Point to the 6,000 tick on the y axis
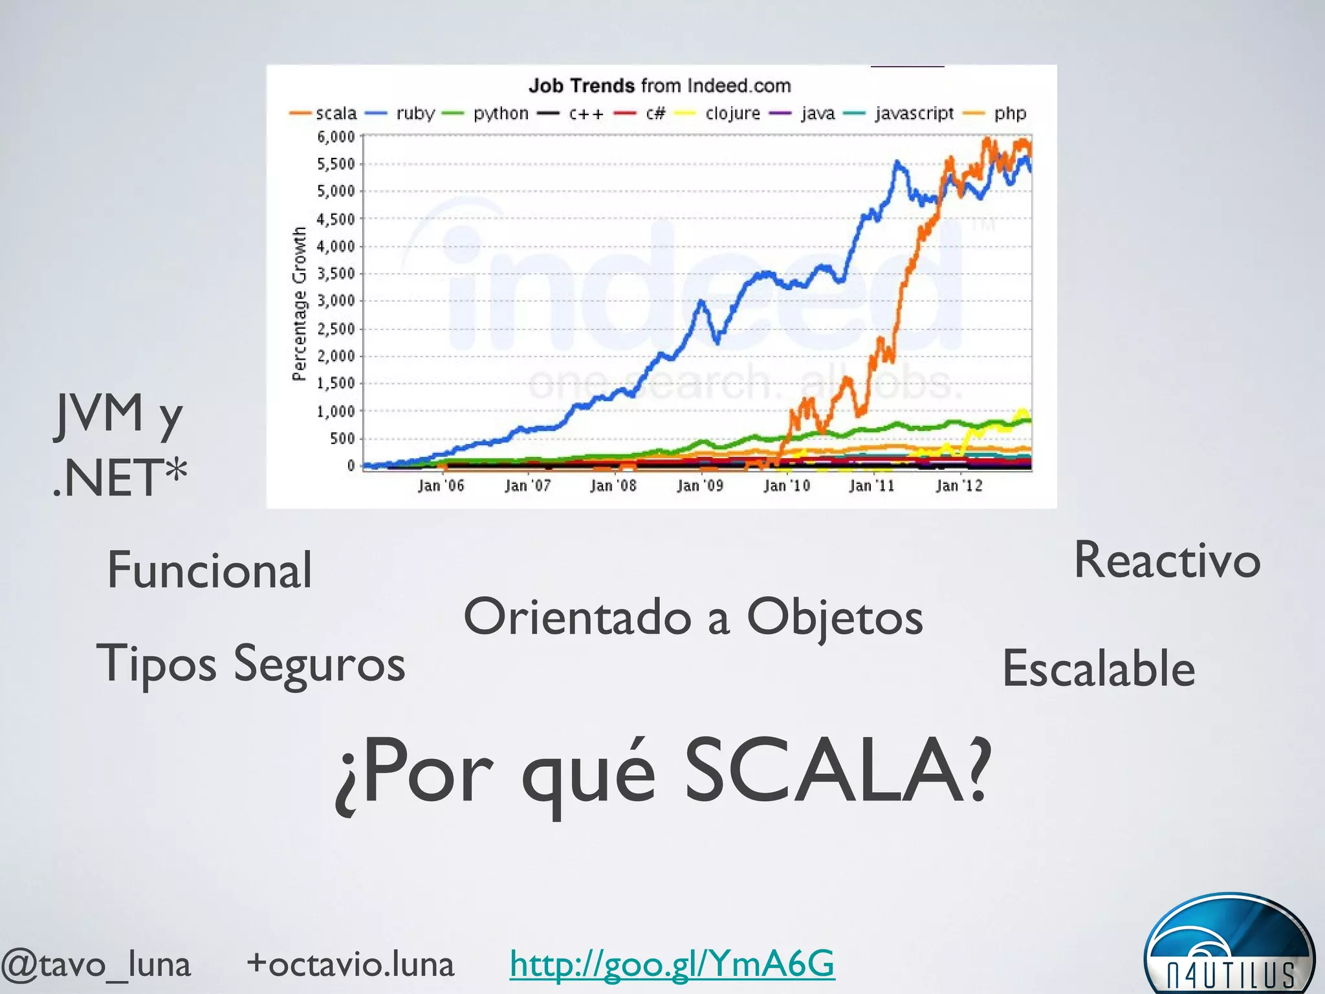tap(336, 137)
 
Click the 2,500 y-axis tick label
tap(336, 328)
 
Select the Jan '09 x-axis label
tap(699, 485)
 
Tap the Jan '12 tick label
tap(959, 485)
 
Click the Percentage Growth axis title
tap(299, 304)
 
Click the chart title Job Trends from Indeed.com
tap(660, 85)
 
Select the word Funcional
tap(210, 569)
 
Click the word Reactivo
tap(1167, 560)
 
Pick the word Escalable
tap(1099, 668)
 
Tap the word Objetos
tap(835, 617)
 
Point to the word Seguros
tap(319, 664)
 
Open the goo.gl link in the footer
tap(672, 964)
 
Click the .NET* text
tap(120, 478)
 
